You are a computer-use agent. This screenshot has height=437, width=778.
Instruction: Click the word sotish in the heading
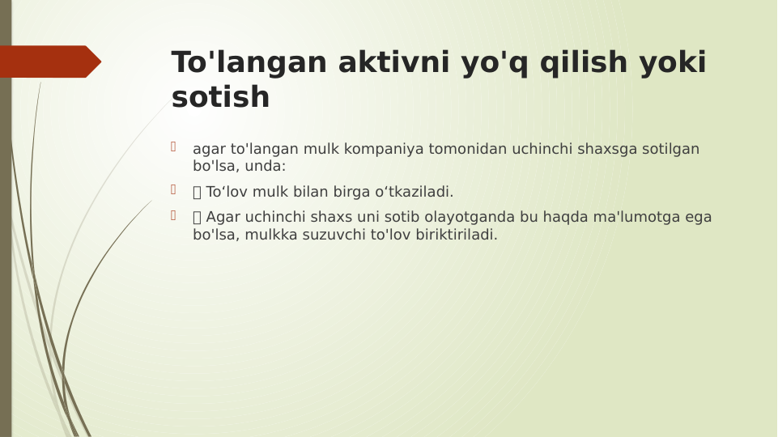220,98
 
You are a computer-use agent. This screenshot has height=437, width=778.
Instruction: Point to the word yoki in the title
673,63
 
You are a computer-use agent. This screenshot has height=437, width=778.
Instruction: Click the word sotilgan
671,149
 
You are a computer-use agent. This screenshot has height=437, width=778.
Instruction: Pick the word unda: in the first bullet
265,166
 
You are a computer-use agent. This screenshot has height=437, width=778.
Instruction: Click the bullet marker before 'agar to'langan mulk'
173,147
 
